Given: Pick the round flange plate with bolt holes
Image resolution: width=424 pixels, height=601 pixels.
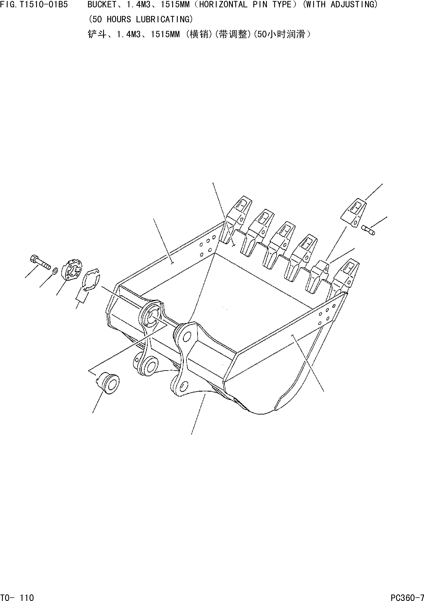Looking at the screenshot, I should [x=71, y=270].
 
